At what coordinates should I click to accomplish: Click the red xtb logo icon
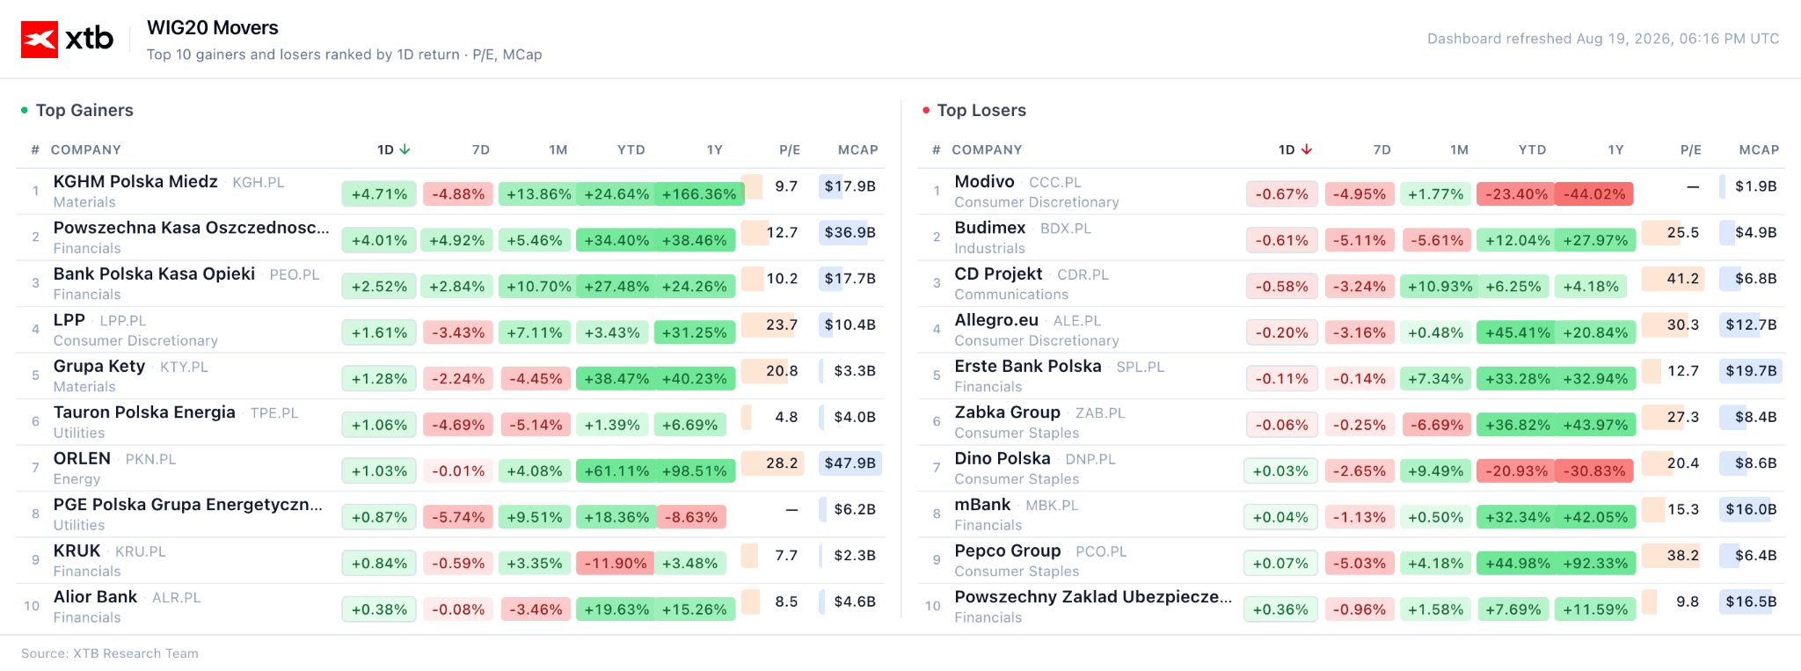40,39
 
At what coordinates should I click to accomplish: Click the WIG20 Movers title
213,28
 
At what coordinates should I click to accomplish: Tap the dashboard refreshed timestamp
1603,39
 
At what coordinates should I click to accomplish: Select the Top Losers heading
981,110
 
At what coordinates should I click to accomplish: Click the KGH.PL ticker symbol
259,182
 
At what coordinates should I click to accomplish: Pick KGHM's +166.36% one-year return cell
699,194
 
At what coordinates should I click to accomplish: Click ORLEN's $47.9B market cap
850,463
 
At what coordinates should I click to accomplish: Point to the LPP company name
69,320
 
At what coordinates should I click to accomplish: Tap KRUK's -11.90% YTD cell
615,564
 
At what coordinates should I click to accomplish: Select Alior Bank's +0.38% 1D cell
380,609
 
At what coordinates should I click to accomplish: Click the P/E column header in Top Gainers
790,150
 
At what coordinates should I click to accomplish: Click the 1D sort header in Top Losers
1295,150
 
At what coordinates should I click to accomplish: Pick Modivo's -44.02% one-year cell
1594,194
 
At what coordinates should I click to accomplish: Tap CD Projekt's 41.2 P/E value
1682,278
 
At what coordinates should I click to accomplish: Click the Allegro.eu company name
996,320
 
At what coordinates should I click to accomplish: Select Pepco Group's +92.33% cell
1595,564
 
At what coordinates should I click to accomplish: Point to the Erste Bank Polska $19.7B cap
1751,370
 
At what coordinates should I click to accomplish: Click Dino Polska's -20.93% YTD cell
1516,471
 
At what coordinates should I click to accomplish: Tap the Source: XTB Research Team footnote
110,653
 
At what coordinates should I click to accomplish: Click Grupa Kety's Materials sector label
84,387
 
